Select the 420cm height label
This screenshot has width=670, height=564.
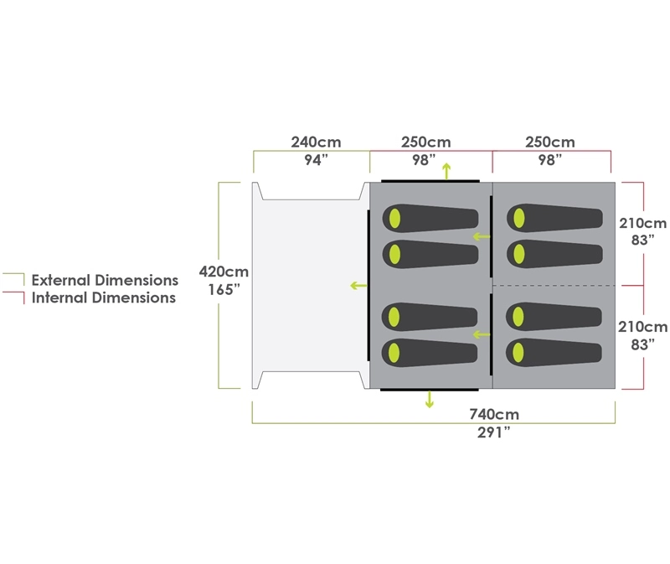[x=224, y=272]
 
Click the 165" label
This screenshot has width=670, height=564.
[x=224, y=290]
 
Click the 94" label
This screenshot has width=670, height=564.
[x=313, y=161]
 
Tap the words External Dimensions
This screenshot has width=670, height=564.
[x=105, y=280]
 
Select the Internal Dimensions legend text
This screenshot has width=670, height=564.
[x=104, y=298]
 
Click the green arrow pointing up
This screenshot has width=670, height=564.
[x=446, y=171]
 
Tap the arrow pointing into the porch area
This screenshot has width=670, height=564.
[x=358, y=286]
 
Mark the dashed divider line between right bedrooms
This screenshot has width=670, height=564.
[x=553, y=286]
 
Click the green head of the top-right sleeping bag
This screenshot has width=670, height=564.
[x=518, y=218]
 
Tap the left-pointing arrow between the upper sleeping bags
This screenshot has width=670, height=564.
[x=481, y=236]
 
